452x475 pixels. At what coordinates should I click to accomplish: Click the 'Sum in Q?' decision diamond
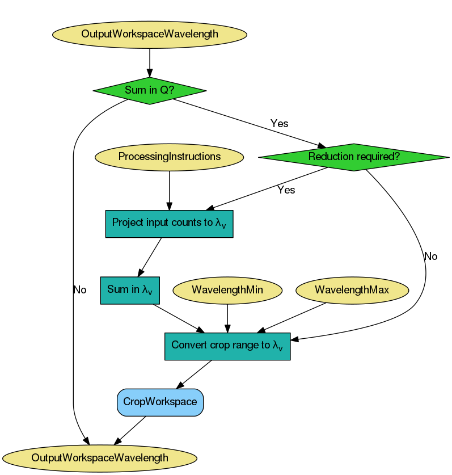tap(149, 90)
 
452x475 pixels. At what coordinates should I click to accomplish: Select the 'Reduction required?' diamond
tap(353, 157)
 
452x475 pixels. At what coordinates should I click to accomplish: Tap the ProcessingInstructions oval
tap(170, 157)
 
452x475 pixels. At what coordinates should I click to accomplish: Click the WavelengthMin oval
tap(227, 290)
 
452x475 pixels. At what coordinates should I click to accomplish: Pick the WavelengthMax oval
tap(352, 290)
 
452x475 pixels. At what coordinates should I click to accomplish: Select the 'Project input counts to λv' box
tap(170, 223)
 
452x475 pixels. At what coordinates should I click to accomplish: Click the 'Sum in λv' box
tap(130, 290)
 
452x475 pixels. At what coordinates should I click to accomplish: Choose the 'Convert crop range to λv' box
tap(227, 346)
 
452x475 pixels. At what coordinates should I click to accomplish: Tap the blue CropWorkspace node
tap(160, 402)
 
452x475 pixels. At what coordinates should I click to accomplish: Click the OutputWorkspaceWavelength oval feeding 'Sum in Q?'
tap(150, 34)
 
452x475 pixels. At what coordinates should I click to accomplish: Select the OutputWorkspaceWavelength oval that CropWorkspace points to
tap(100, 457)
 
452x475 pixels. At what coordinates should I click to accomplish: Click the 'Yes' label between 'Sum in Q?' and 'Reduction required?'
tap(279, 123)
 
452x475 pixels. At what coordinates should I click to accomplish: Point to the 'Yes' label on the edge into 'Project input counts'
tap(286, 190)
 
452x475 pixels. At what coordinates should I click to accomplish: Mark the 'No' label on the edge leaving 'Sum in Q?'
tap(80, 290)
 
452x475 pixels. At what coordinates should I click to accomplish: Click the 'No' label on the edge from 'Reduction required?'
tap(430, 257)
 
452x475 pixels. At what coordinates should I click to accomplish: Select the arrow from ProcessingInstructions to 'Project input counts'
tap(170, 190)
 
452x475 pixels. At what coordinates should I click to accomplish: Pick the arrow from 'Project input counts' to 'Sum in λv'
tap(150, 257)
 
